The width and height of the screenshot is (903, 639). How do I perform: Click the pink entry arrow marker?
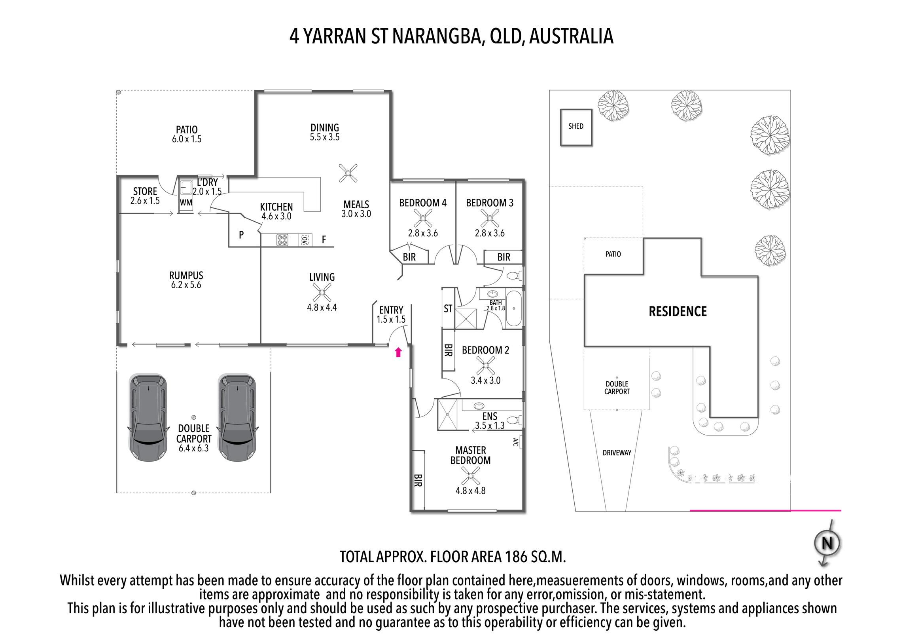point(398,352)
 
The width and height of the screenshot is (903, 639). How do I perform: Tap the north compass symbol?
point(827,543)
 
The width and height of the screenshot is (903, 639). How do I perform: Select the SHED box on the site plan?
point(576,127)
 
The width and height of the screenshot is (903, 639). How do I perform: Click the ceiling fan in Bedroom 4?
point(423,218)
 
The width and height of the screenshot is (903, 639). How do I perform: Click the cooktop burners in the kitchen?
point(282,240)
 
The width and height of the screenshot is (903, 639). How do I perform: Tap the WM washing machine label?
point(186,203)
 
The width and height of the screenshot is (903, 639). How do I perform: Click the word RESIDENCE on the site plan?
point(678,311)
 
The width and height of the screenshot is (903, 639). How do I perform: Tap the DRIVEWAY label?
point(617,453)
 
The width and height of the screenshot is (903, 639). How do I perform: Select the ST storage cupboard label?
point(448,308)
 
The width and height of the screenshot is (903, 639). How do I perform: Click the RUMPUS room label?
point(186,275)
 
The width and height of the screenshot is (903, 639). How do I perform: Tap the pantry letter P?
point(241,235)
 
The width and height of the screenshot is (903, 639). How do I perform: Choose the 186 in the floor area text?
point(516,557)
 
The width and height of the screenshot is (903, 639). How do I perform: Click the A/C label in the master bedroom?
point(516,442)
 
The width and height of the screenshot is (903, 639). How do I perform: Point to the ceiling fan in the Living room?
point(322,293)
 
